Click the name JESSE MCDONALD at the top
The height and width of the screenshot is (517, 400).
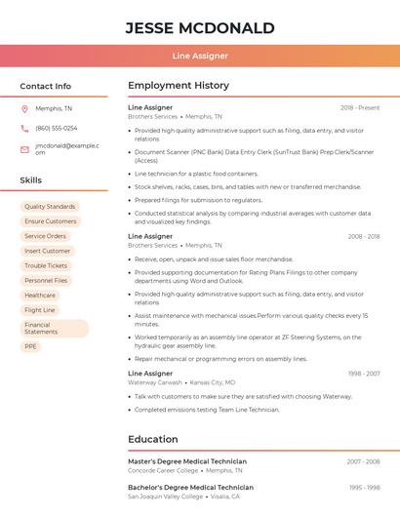click(x=200, y=28)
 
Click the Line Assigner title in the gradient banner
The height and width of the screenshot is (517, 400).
click(x=200, y=57)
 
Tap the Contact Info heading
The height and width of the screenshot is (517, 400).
click(x=45, y=86)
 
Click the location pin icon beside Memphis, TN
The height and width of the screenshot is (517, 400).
click(x=24, y=108)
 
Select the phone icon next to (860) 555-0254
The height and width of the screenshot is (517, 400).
click(x=24, y=128)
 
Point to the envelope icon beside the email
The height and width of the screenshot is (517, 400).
click(x=24, y=149)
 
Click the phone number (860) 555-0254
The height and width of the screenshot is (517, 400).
click(x=57, y=128)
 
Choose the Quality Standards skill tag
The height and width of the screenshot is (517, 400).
click(x=50, y=207)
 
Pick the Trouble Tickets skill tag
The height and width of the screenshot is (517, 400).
click(x=46, y=265)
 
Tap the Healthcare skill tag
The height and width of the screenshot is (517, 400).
click(x=40, y=295)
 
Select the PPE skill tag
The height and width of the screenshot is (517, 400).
click(x=30, y=346)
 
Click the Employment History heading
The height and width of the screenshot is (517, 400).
click(x=179, y=86)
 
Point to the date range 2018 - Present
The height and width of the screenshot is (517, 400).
click(x=360, y=107)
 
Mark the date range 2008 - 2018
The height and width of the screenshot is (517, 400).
click(x=363, y=236)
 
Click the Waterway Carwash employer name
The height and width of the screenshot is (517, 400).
click(x=154, y=382)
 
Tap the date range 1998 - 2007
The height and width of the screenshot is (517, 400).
click(x=363, y=374)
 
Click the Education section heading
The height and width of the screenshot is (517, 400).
click(x=153, y=439)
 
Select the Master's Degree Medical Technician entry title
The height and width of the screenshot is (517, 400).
click(x=187, y=461)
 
